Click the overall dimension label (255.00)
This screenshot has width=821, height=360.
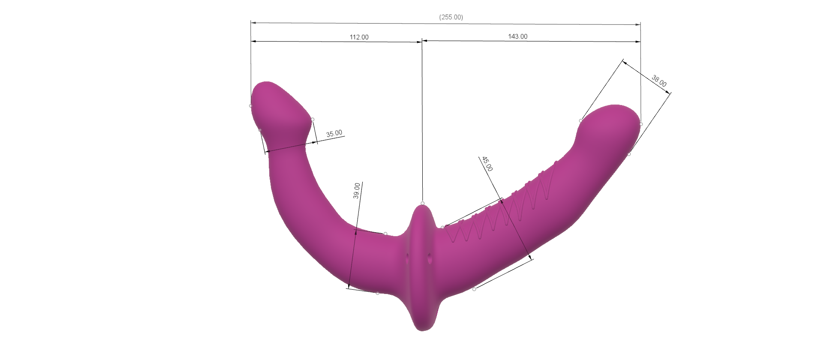[x=451, y=17]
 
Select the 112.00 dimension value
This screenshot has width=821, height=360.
[x=359, y=37]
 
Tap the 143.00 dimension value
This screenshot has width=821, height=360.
[x=517, y=36]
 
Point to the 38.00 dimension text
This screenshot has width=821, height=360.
[x=659, y=81]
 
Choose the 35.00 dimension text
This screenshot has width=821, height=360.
[x=334, y=134]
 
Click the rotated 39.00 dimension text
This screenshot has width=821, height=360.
[x=356, y=191]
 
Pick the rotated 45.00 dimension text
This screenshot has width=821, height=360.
[x=487, y=164]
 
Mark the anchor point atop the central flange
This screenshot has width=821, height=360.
[x=422, y=203]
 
